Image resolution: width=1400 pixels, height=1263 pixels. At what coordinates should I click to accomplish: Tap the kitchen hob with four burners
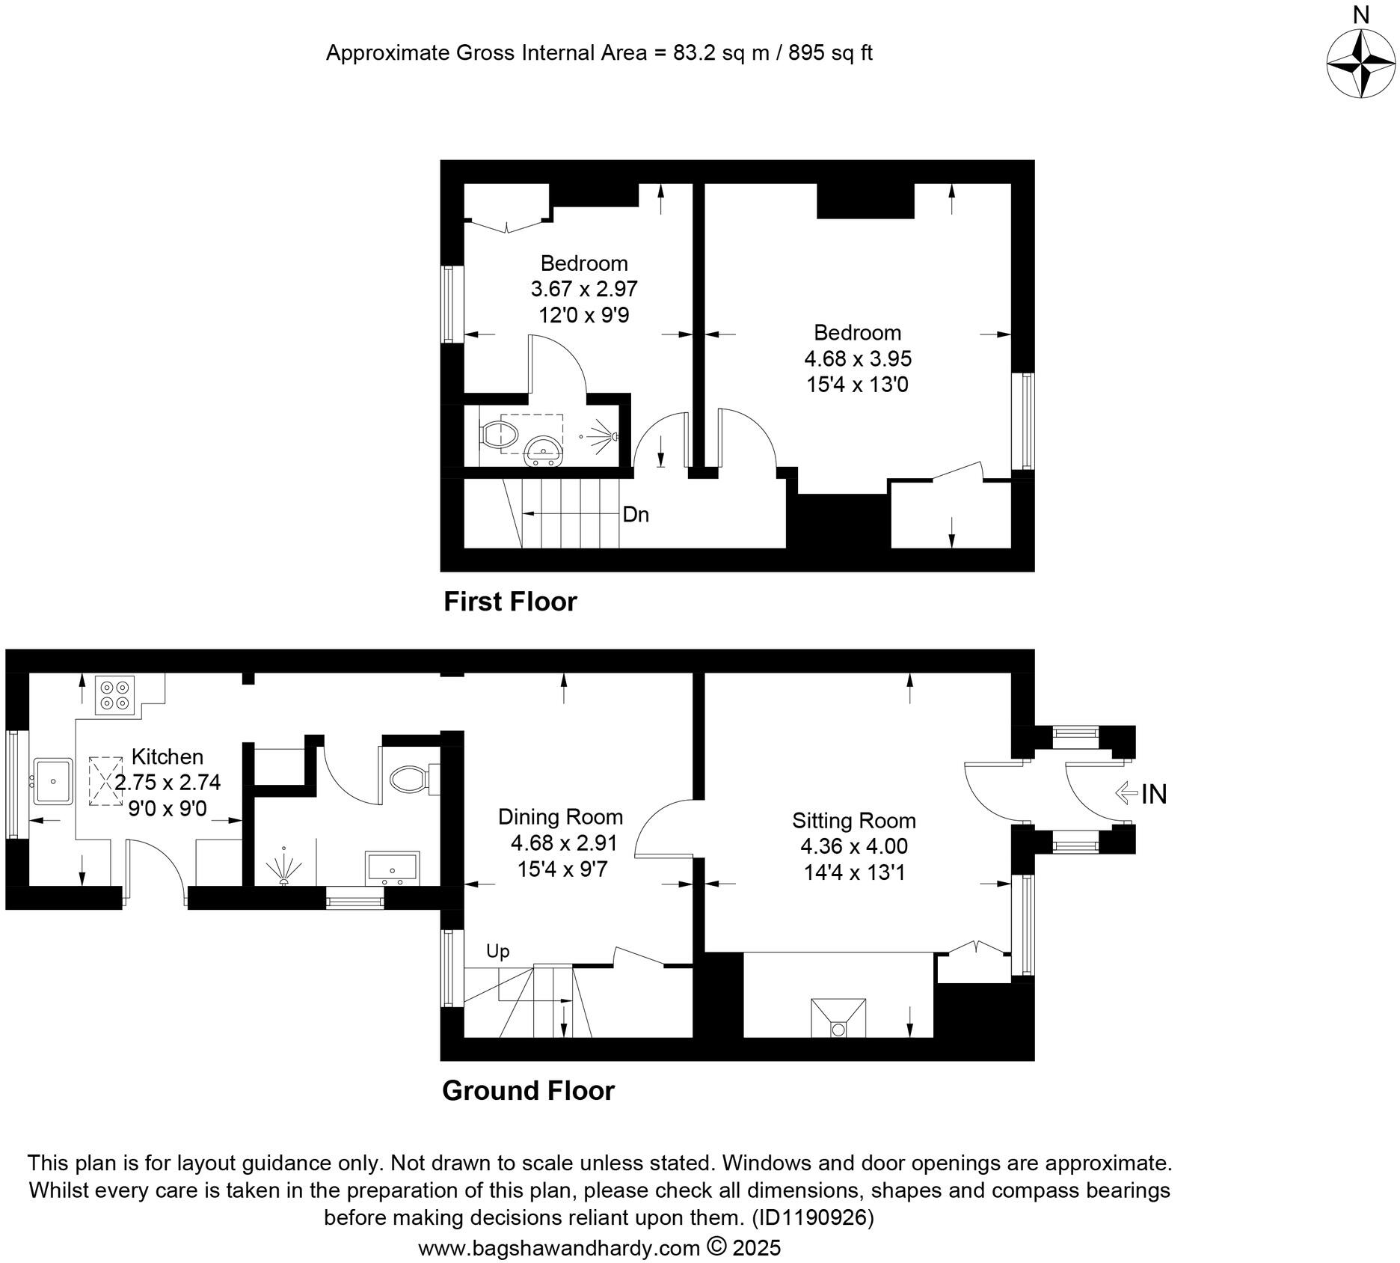(x=114, y=695)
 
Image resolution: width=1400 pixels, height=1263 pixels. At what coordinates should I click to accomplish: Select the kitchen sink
(x=52, y=781)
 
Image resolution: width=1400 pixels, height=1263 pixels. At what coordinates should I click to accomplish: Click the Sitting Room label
(x=854, y=821)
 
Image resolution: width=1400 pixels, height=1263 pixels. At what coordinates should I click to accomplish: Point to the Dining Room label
(x=561, y=816)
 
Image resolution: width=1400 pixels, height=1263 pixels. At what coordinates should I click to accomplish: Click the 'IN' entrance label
(x=1153, y=794)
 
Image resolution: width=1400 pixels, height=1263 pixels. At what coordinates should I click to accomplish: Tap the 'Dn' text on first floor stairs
(x=636, y=515)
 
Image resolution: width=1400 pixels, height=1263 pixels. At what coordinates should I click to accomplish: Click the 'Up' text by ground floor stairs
(x=498, y=951)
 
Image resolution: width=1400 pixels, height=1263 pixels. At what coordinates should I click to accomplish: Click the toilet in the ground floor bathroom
(x=411, y=779)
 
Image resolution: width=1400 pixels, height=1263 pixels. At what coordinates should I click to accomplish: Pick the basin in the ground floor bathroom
(x=392, y=867)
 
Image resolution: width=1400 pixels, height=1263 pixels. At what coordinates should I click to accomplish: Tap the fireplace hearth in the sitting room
(x=838, y=1018)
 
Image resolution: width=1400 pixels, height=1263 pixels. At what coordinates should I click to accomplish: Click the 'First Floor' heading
(x=510, y=602)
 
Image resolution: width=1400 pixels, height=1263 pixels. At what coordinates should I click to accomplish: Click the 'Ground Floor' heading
(x=528, y=1090)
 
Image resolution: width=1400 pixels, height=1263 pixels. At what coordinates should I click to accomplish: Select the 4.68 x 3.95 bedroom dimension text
(x=858, y=358)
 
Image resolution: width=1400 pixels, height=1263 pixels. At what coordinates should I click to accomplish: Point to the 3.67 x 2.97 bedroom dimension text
(x=584, y=289)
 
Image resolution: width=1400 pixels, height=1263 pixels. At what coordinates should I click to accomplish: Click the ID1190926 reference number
(x=813, y=1217)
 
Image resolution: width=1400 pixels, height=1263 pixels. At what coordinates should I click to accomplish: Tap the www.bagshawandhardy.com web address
(x=559, y=1248)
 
